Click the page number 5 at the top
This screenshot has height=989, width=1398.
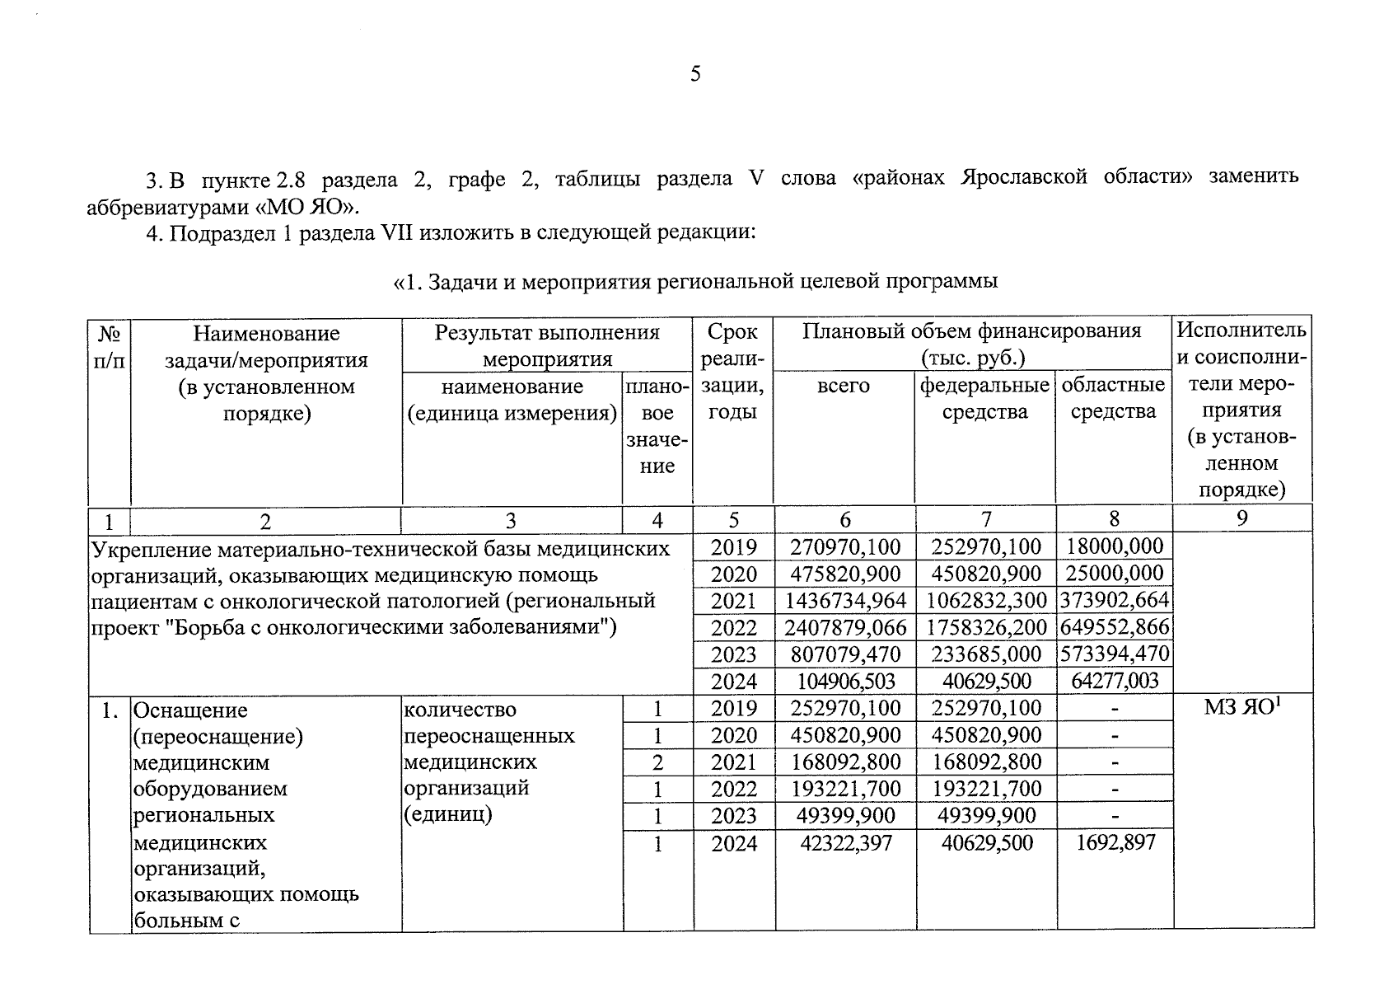pos(695,74)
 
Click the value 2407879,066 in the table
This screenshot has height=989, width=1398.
pos(844,627)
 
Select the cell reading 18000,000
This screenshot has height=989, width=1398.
pos(1114,546)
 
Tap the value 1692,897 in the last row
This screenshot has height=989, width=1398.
pos(1115,842)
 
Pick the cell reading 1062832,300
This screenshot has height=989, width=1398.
pos(985,601)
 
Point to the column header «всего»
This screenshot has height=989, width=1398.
pos(843,386)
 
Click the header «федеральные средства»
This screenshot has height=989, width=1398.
pos(984,399)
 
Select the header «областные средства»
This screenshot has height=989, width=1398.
pos(1113,399)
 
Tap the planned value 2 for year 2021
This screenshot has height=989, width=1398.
pos(657,762)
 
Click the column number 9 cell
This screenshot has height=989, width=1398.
pos(1241,518)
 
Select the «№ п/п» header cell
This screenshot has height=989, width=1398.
pos(109,346)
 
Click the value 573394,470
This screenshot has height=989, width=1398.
pos(1114,654)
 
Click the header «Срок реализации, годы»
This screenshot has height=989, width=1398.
pos(732,373)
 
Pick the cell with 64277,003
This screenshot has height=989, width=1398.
pos(1114,681)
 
